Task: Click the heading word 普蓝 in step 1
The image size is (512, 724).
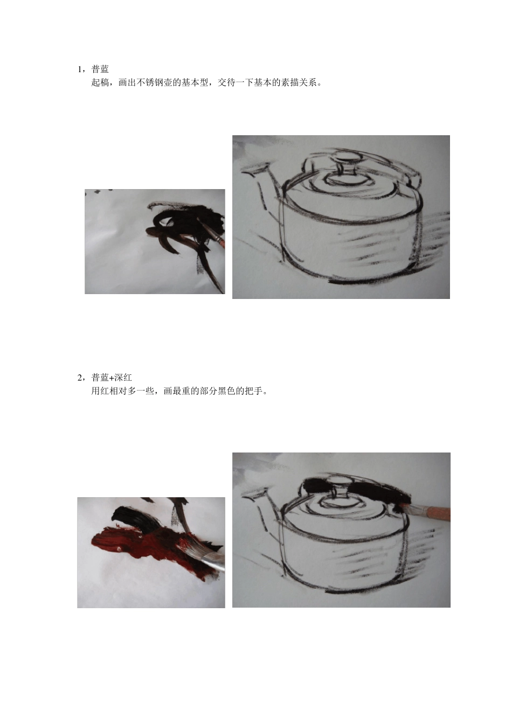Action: [100, 69]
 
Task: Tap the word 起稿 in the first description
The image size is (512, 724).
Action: [100, 82]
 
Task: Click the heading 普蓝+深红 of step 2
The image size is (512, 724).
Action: [112, 378]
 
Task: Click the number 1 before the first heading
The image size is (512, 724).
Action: [80, 69]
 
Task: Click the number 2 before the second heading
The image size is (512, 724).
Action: [80, 378]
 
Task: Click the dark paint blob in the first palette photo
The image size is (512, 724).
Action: [183, 221]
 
